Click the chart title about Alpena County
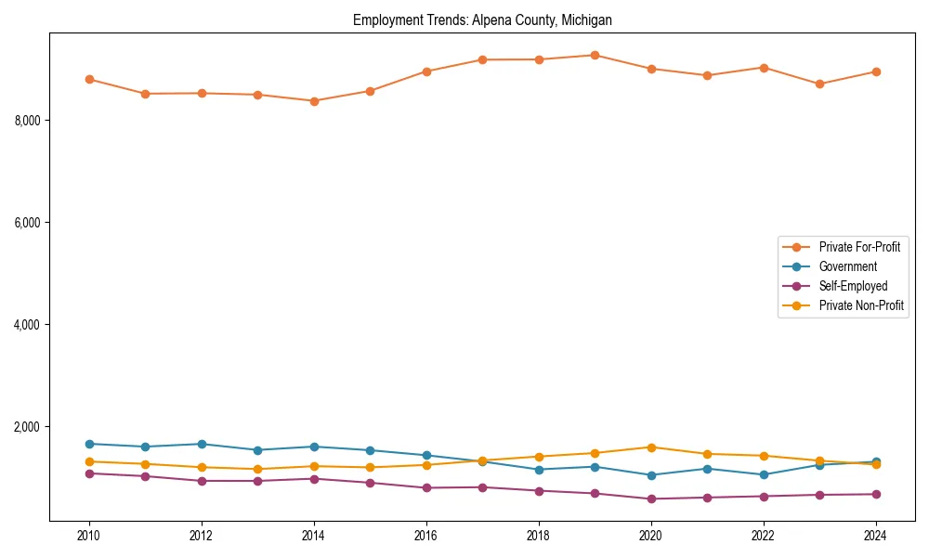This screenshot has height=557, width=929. click(482, 19)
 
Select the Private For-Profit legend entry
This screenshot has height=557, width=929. click(858, 247)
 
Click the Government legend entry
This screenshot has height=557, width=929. click(847, 266)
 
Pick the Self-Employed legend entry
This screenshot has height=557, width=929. click(853, 286)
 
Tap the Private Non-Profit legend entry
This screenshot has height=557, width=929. click(861, 305)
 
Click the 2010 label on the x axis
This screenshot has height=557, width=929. click(89, 536)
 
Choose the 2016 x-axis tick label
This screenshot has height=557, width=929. click(425, 536)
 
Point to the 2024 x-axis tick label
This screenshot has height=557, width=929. click(875, 536)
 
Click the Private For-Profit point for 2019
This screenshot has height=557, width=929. click(595, 55)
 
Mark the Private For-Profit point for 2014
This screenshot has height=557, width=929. click(314, 101)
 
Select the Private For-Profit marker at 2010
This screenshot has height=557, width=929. click(89, 79)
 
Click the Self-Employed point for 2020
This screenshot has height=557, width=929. click(650, 499)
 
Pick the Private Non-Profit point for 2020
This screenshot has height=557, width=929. click(650, 447)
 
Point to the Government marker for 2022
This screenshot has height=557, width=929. click(763, 474)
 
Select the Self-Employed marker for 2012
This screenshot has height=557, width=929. click(202, 481)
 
